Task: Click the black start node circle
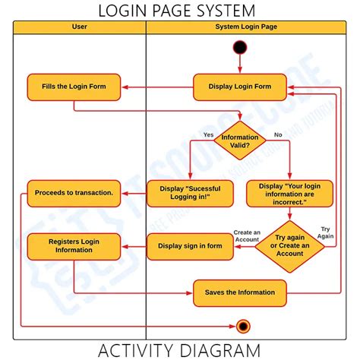coord(241,47)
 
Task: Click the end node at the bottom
coord(242,326)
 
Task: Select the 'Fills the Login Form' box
coord(74,87)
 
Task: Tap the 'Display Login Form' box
coord(240,87)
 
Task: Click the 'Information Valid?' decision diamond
coord(240,141)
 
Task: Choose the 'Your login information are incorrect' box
coord(289,193)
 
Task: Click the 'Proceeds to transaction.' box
coord(74,193)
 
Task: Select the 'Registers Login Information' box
coord(74,245)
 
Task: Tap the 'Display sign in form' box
coord(189,245)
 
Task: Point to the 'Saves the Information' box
coord(240,292)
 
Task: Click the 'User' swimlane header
coord(79,27)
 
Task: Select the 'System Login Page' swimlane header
coord(245,27)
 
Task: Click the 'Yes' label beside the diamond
coord(208,134)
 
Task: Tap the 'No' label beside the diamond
coord(277,134)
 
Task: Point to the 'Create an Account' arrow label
coord(247,235)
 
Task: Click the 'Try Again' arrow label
coord(326,232)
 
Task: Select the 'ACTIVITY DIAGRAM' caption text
coord(180,350)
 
